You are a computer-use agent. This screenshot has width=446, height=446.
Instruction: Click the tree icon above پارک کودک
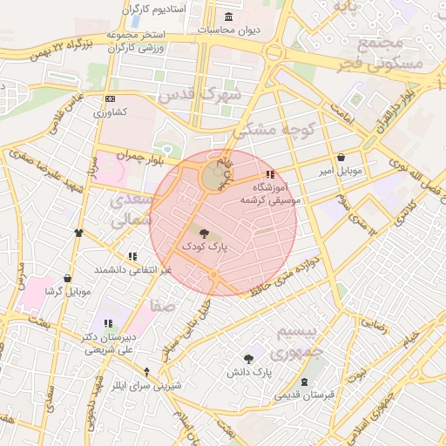click(204, 233)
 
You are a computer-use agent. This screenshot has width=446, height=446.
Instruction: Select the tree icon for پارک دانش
click(249, 358)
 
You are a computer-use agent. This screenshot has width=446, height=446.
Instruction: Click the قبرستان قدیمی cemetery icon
click(304, 382)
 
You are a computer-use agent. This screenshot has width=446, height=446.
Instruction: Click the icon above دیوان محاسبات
click(228, 17)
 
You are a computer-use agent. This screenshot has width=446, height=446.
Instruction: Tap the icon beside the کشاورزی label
click(108, 99)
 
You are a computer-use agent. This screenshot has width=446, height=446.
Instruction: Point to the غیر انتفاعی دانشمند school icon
click(132, 257)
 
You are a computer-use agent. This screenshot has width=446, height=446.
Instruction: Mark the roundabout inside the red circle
click(213, 179)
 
